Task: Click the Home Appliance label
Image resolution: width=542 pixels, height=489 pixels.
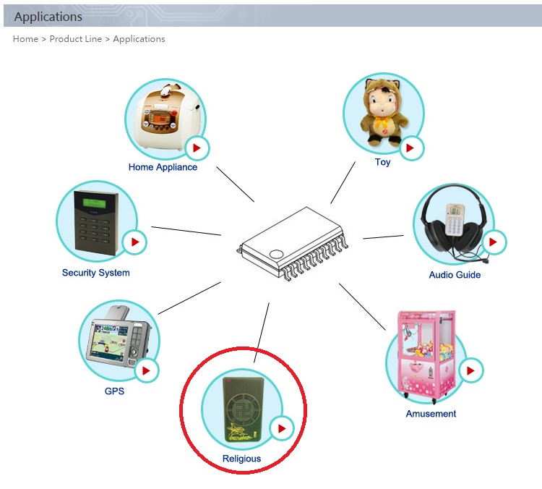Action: (163, 167)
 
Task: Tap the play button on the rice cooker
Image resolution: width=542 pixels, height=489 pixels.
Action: (197, 148)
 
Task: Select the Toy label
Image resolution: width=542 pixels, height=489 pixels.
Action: (382, 162)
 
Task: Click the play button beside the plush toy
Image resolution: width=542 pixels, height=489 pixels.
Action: (411, 148)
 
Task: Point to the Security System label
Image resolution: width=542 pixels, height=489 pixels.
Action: (95, 273)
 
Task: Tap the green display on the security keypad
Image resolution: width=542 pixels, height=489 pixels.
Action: (95, 203)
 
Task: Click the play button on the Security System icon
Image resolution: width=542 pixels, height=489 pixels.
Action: (134, 242)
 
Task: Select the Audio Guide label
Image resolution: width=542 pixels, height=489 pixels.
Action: (455, 275)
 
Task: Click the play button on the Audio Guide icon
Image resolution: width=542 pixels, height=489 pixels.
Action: (494, 242)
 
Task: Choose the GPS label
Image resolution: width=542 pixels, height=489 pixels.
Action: (114, 391)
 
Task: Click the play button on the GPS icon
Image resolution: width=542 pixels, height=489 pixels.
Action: (147, 370)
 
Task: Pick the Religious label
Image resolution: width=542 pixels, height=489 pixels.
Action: (241, 459)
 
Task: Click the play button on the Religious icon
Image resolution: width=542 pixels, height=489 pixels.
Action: (282, 428)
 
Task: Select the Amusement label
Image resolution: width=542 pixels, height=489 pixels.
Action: (431, 414)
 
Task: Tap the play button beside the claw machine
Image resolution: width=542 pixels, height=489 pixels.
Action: (470, 370)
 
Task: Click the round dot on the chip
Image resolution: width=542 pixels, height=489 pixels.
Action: (276, 255)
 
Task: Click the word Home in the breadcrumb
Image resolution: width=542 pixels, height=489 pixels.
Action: (25, 39)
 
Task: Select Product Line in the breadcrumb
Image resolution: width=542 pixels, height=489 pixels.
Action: (76, 39)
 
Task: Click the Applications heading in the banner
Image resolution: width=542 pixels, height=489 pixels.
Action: (48, 17)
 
